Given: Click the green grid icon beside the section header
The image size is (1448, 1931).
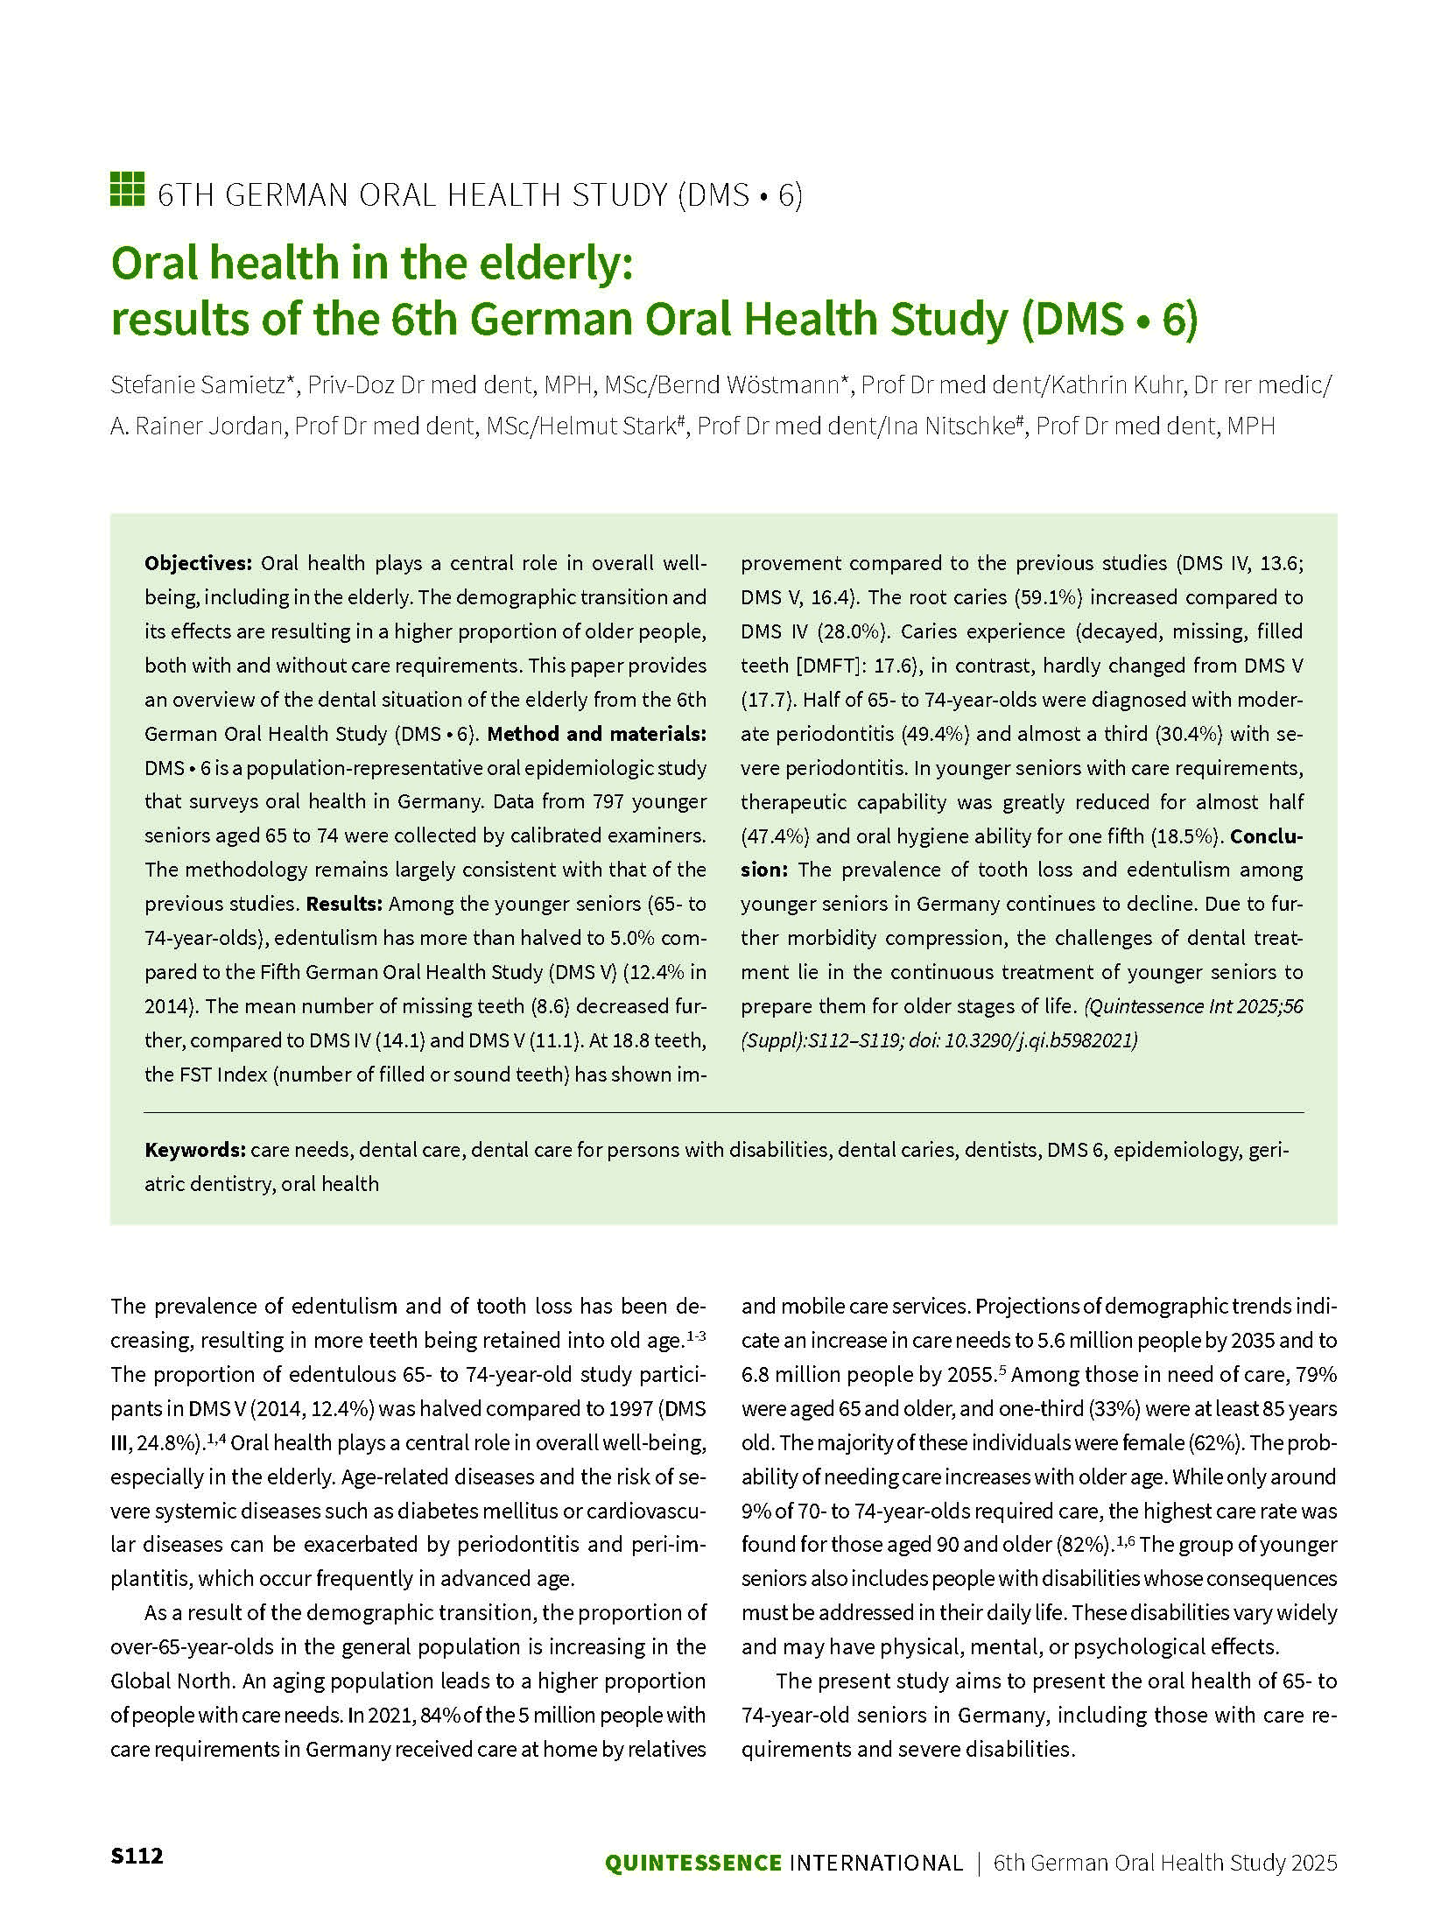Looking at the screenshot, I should [x=126, y=189].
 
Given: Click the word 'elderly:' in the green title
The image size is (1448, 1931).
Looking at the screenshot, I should [x=552, y=264].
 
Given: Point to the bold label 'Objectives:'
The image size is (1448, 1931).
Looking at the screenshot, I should [x=199, y=563].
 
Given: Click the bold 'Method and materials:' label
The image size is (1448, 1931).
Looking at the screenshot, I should [x=596, y=734].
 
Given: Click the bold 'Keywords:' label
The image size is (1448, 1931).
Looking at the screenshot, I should [x=194, y=1149].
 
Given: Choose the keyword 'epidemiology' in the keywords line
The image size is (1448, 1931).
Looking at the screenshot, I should [x=1181, y=1149].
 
